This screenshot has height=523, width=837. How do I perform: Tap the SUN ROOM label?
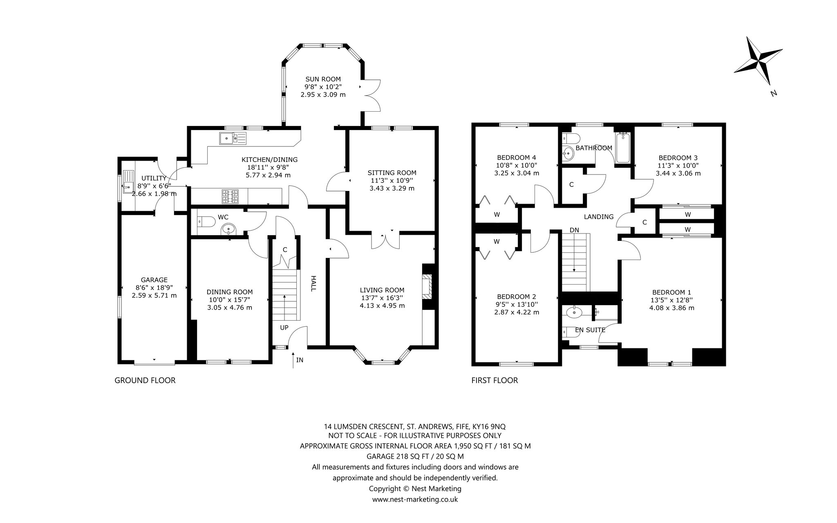point(323,79)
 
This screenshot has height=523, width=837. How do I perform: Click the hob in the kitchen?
point(230,196)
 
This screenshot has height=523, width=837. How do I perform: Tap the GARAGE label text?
point(154,280)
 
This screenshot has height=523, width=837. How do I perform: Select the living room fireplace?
point(427,287)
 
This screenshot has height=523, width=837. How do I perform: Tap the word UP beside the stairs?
point(284,328)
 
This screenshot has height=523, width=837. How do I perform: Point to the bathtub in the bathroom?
point(623,148)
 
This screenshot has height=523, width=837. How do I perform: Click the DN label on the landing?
point(574,230)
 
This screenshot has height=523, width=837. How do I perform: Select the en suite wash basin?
point(575,313)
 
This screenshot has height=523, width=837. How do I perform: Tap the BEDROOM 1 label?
point(671,292)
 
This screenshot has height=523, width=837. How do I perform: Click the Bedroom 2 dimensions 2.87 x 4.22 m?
point(517,312)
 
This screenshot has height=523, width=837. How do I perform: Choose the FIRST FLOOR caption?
point(495,381)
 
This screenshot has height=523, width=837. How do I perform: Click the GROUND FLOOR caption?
point(145,381)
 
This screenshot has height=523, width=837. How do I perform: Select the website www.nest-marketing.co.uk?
point(415,499)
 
